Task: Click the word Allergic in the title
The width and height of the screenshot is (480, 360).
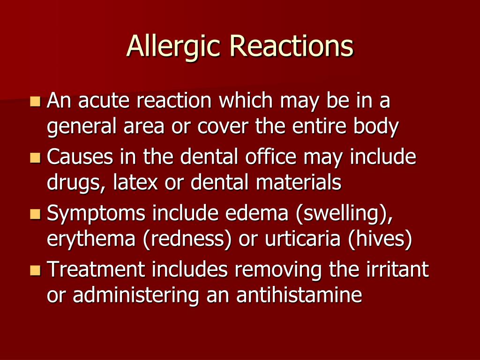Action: coord(173,46)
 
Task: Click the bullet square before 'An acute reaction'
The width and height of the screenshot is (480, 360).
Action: coord(36,101)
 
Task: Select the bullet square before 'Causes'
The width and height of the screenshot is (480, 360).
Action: coord(36,157)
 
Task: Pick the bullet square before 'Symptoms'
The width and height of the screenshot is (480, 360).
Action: coord(36,214)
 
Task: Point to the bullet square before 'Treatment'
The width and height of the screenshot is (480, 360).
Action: coord(36,270)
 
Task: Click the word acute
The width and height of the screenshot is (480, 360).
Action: coord(104,101)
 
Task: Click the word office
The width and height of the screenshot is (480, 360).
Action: coord(270,156)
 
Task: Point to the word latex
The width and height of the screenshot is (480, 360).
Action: coord(135,182)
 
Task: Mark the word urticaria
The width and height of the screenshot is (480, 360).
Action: coord(302,239)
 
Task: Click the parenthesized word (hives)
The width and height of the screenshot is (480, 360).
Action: coord(380,239)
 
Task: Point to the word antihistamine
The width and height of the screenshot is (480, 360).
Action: coord(299,295)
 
